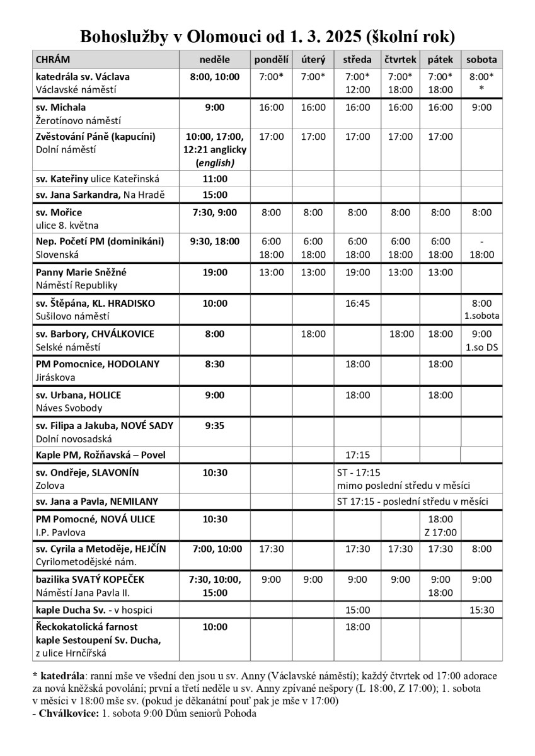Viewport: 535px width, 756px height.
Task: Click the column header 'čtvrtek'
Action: [400, 60]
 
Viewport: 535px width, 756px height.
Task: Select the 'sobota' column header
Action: [481, 60]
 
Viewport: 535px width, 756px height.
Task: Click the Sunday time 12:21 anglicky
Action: [215, 150]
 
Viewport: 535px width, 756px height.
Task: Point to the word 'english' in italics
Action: [215, 163]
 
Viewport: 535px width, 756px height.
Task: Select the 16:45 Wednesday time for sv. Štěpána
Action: [357, 304]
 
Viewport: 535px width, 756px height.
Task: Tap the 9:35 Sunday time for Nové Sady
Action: [215, 426]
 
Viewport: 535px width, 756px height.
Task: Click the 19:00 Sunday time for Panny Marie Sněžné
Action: [215, 273]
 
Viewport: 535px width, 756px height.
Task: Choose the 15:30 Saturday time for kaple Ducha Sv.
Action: [481, 610]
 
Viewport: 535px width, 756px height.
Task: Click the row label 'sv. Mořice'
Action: [59, 212]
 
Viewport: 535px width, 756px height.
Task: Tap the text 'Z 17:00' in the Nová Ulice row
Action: [440, 532]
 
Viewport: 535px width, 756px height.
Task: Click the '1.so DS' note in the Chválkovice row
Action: [481, 347]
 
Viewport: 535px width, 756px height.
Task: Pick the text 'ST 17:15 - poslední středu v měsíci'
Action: [412, 501]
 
